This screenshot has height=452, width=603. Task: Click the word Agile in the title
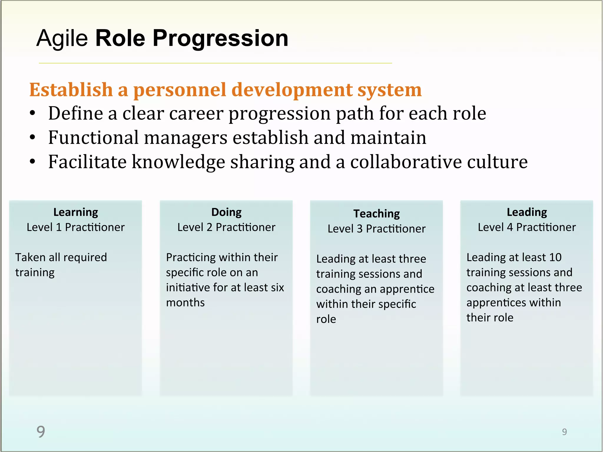pos(62,39)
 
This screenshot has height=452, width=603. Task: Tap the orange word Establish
pos(71,90)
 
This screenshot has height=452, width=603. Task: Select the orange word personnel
pos(180,90)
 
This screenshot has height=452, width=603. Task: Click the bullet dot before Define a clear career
pos(33,113)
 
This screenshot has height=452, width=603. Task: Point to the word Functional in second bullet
pos(93,137)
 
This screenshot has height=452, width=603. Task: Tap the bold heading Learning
pos(76,212)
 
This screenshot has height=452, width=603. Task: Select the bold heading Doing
pos(226,212)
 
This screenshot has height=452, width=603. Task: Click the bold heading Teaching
pos(376,214)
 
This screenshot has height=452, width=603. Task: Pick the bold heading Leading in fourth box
pos(527,212)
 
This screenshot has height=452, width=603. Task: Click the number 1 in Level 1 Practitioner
pos(59,227)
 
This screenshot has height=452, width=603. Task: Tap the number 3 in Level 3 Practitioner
pos(360,229)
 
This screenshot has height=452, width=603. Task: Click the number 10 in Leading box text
pos(555,257)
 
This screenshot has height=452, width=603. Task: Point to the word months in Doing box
pos(185,303)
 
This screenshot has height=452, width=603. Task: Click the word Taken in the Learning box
pos(30,257)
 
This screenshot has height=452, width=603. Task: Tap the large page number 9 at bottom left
pos(41,432)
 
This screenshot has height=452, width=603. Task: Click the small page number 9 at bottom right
pos(564,432)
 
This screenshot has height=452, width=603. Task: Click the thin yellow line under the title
pos(215,63)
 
